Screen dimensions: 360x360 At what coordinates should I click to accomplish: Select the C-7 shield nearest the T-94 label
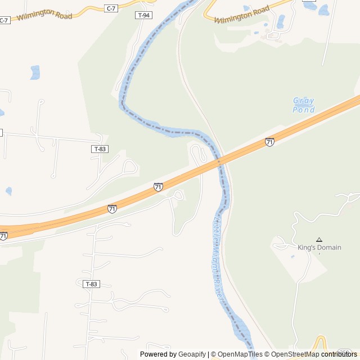(111, 8)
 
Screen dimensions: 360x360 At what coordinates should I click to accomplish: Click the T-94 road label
(144, 15)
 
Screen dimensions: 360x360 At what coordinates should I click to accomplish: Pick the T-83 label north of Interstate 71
(100, 149)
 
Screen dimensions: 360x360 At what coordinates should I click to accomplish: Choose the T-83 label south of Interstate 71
(91, 284)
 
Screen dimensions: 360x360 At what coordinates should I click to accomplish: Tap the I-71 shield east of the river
(269, 142)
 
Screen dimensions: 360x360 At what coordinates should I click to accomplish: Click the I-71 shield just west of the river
(158, 187)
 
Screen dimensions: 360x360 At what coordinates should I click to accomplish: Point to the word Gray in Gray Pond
(304, 101)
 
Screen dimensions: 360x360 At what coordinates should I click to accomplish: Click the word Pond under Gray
(304, 110)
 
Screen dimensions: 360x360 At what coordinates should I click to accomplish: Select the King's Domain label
(319, 247)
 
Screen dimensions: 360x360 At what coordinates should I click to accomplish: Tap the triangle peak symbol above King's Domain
(319, 240)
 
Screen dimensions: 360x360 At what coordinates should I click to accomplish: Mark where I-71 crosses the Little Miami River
(220, 161)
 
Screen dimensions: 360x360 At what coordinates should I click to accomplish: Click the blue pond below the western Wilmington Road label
(35, 72)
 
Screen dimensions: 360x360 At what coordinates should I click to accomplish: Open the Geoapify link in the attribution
(192, 354)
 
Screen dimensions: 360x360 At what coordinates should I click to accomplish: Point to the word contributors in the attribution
(339, 354)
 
